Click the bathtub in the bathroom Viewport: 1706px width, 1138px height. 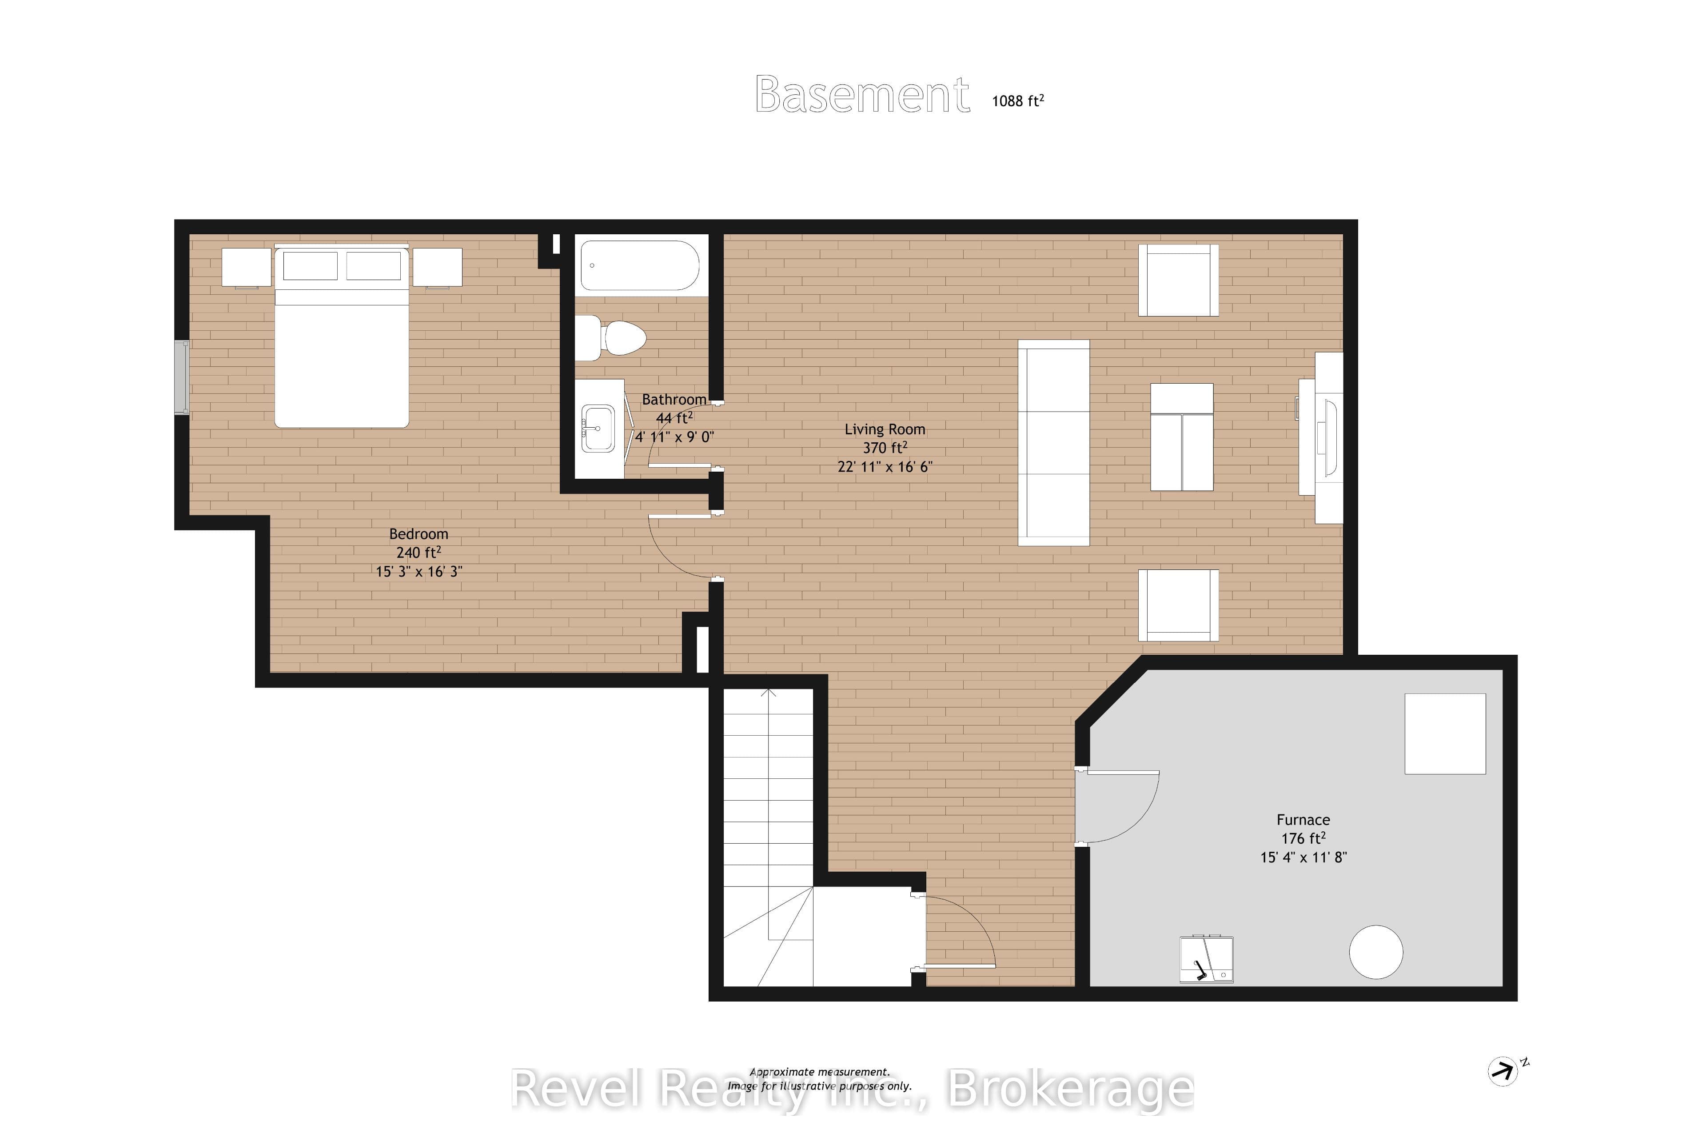click(x=640, y=266)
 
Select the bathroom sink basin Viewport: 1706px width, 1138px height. click(x=598, y=428)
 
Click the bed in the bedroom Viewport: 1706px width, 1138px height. click(x=342, y=337)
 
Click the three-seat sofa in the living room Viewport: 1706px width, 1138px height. click(x=1054, y=443)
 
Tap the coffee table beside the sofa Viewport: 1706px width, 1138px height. click(x=1182, y=437)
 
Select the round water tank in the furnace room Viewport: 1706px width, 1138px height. click(x=1376, y=952)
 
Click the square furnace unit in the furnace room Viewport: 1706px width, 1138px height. click(x=1446, y=734)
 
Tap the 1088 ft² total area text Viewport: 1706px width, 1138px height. click(x=1018, y=101)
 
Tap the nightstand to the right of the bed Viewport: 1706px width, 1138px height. click(x=437, y=267)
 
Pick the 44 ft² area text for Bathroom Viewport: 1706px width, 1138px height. click(x=674, y=418)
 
